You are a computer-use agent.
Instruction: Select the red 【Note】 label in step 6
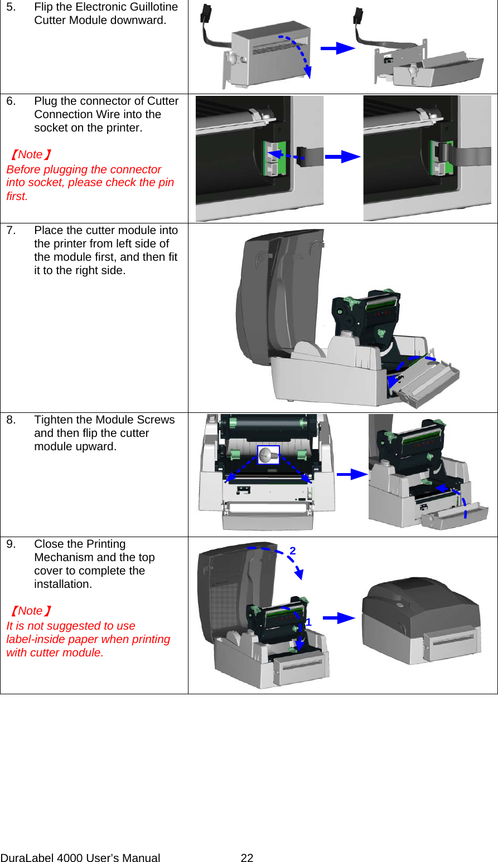tap(31, 155)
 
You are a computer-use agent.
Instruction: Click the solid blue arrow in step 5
tap(337, 48)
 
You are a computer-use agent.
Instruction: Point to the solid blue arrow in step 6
tap(342, 157)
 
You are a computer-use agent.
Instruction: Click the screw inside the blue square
tap(268, 455)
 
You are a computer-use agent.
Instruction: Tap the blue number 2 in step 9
tap(293, 551)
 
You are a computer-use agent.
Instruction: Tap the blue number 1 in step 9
tap(308, 622)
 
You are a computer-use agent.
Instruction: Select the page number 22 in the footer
tap(247, 858)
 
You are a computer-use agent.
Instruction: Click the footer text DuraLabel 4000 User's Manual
tap(80, 858)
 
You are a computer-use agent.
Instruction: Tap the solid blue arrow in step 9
tap(339, 618)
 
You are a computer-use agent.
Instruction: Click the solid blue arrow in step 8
tap(351, 475)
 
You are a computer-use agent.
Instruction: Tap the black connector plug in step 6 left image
tap(301, 156)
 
